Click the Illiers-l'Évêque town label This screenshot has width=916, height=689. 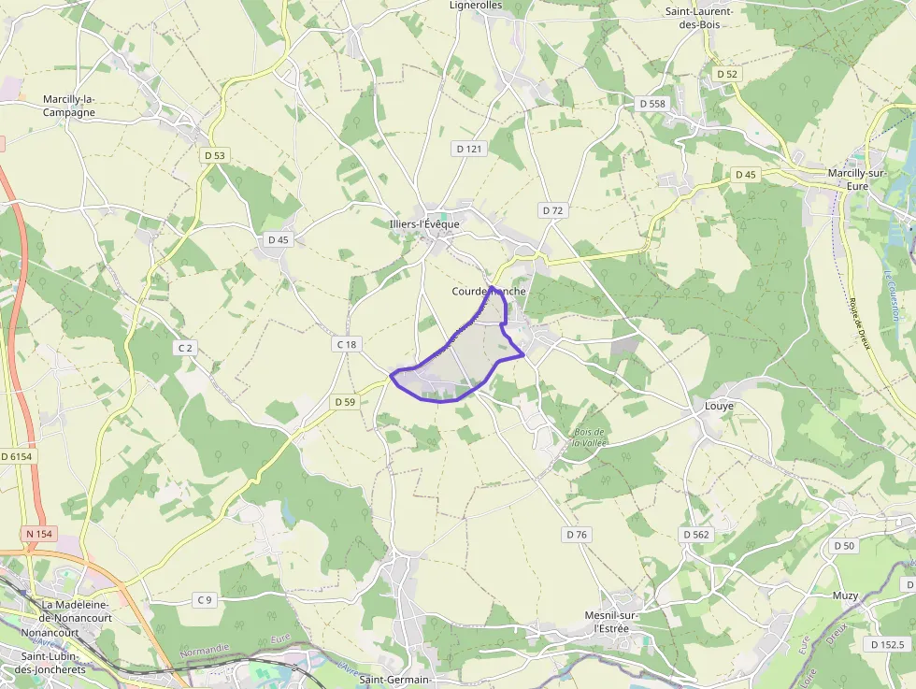(x=424, y=223)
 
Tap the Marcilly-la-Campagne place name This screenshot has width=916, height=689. (x=69, y=106)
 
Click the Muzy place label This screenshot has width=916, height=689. (x=845, y=596)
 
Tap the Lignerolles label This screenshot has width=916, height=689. (x=476, y=6)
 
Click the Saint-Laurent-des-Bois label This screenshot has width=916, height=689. (x=698, y=18)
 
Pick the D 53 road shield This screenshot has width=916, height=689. (x=214, y=155)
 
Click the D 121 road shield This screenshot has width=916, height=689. (x=469, y=149)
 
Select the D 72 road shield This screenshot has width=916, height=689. (x=552, y=210)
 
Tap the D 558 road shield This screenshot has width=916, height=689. (x=651, y=103)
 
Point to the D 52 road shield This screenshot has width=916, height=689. (x=726, y=73)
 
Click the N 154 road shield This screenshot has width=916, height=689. (x=40, y=534)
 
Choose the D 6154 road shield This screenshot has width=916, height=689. (x=17, y=456)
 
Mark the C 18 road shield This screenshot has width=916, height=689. (x=346, y=344)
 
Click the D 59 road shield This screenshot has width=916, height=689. (x=345, y=402)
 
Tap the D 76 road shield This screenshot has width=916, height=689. (x=577, y=535)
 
